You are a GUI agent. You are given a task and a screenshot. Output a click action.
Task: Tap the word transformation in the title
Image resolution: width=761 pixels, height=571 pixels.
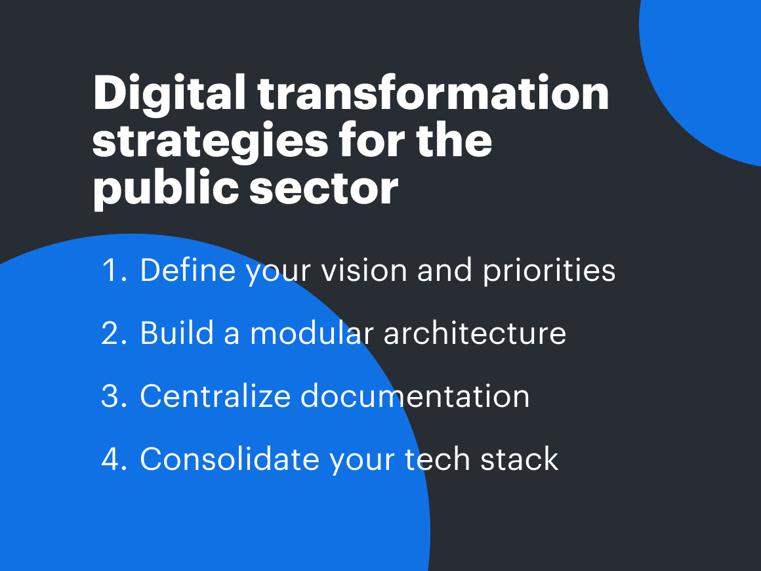[434, 93]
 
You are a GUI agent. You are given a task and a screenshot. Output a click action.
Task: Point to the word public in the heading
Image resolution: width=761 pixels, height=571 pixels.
[165, 188]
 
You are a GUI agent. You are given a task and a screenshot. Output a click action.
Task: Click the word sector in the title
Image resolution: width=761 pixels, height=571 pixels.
[323, 189]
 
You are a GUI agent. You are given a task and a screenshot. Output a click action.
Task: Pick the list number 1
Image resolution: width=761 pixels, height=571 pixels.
[115, 270]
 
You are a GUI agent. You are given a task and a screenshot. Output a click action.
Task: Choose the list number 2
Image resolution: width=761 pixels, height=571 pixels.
[115, 333]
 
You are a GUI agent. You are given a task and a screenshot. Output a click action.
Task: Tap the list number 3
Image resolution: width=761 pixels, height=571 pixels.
[115, 396]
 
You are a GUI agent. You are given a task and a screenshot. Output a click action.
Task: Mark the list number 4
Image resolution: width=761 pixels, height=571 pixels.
[115, 459]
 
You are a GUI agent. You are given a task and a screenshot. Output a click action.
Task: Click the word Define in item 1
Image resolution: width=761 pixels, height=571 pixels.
[188, 270]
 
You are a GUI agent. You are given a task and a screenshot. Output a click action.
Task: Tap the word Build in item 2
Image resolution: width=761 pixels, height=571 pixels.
[177, 333]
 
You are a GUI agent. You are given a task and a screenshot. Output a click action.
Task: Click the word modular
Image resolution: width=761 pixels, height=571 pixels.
[312, 333]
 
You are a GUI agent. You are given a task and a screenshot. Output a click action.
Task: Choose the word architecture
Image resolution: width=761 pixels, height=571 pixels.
[475, 333]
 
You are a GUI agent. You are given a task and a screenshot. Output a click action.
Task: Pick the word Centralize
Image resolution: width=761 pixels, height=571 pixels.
[215, 396]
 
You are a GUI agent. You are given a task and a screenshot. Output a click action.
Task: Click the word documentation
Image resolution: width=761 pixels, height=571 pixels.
[415, 396]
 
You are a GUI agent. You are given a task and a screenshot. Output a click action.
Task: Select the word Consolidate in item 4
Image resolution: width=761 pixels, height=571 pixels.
[230, 459]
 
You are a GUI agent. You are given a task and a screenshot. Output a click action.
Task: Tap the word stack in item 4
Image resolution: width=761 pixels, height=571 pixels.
[520, 459]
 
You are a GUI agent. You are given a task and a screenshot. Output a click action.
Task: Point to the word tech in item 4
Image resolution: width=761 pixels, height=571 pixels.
[438, 459]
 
